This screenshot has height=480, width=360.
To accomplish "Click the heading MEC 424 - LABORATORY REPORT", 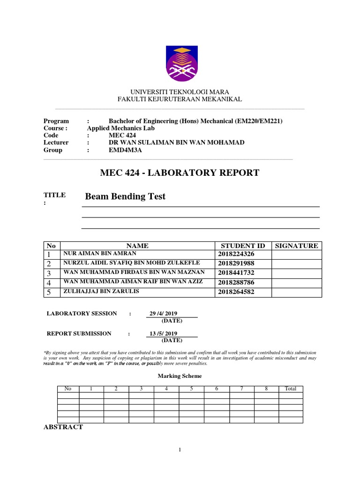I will point(180,173).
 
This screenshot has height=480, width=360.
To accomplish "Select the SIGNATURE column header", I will point(296,246).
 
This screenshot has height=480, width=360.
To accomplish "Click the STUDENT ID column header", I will point(242,246).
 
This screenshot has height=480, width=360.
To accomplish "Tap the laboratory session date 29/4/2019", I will point(163,314).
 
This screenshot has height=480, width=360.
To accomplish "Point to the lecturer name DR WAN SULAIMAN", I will point(176,142).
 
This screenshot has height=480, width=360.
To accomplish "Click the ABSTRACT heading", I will point(63,427).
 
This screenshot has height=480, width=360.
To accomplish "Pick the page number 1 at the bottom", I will point(180,450).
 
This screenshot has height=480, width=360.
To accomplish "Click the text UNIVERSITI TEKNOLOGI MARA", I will point(180,92).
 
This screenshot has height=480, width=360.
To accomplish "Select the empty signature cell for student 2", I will point(296,264).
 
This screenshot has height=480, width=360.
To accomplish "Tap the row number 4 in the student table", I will point(48,283).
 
